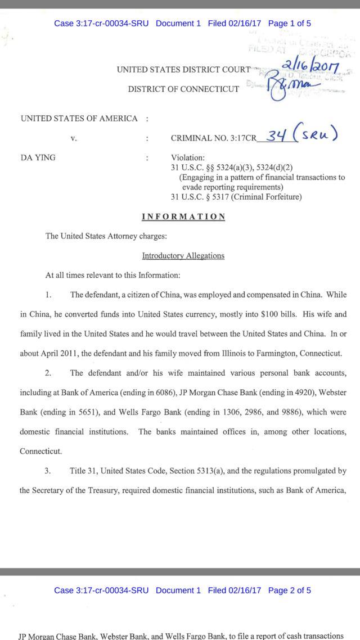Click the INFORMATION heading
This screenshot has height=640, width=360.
point(183,217)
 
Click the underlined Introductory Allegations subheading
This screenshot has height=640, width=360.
point(183,255)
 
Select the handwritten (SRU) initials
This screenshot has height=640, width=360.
point(317,135)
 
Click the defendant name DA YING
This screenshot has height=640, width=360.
point(38,157)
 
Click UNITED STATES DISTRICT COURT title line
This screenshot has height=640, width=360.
point(183,70)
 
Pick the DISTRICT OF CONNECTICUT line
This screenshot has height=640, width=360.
point(183,89)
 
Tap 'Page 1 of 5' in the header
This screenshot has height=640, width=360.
point(290,24)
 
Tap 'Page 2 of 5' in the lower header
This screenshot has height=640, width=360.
point(290,590)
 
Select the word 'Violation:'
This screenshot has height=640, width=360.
point(188,158)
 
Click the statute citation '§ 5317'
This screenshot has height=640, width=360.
point(211,197)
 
